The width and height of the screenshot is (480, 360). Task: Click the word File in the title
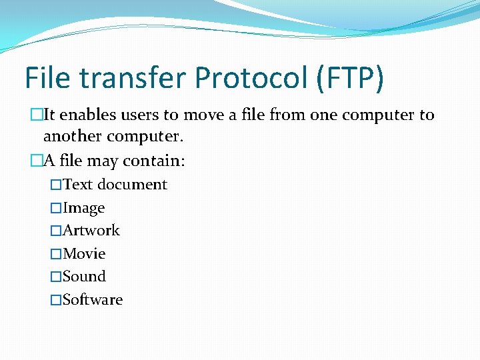coord(49,79)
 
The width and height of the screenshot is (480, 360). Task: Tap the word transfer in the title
coord(131,79)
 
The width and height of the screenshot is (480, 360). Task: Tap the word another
coord(73,137)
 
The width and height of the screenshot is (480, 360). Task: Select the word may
coord(101,161)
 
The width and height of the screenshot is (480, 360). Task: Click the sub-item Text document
coord(115,185)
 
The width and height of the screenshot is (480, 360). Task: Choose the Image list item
coord(84,208)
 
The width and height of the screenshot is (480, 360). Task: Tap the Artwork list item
coord(91,231)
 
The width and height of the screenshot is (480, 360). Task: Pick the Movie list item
coord(84,254)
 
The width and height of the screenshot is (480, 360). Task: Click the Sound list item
coord(84,277)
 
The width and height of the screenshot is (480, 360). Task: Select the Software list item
coord(93,300)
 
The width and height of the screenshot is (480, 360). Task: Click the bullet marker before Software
coord(56,300)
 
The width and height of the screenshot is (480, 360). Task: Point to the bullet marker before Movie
coord(56,254)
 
